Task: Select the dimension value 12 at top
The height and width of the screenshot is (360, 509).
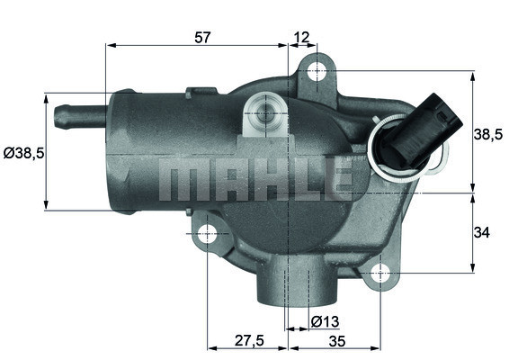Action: coord(301,38)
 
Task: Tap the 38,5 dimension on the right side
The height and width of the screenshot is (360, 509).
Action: coord(487,134)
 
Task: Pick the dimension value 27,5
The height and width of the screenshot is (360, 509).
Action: coord(247,341)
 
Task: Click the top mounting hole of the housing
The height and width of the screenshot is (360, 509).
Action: coord(316,71)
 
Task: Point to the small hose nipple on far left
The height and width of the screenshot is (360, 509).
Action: coord(72,114)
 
